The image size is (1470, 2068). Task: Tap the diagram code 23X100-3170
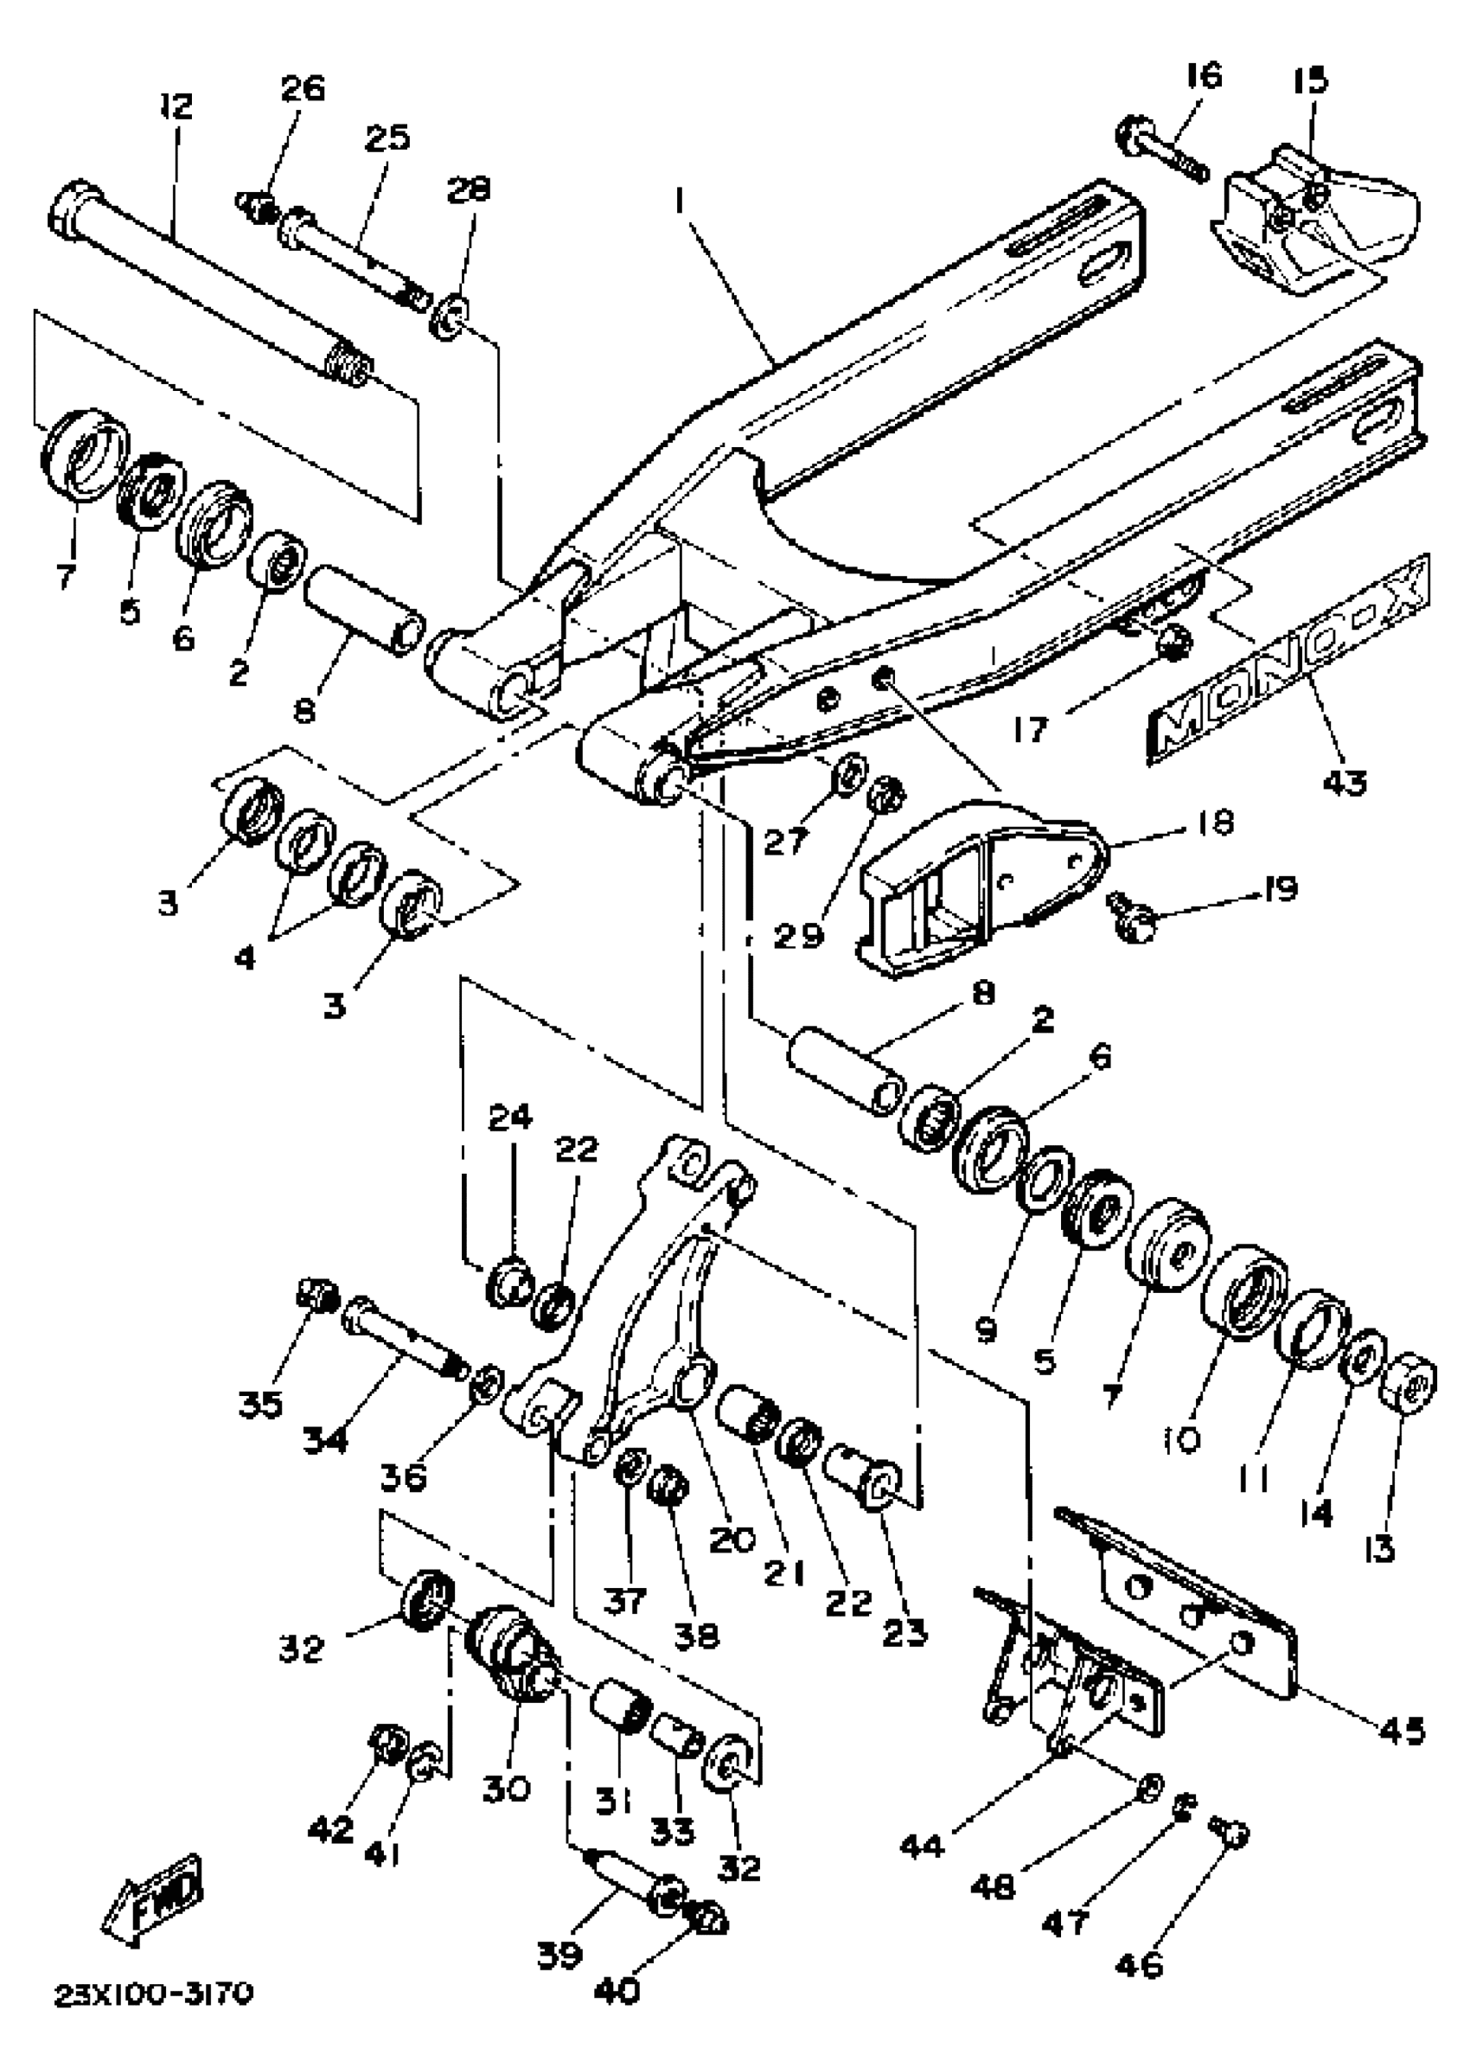155,1993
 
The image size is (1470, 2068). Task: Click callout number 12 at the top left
176,107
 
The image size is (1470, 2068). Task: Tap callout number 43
1343,781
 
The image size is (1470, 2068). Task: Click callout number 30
506,1787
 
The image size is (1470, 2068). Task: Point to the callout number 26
303,90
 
